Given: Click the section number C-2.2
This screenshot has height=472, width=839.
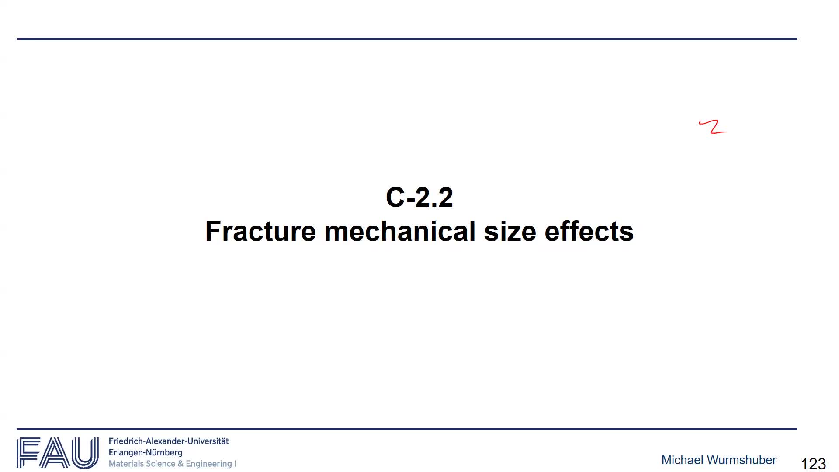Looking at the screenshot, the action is pyautogui.click(x=419, y=198).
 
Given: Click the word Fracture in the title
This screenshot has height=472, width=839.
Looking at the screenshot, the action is pyautogui.click(x=260, y=231).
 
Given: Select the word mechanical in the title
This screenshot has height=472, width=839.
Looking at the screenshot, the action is pyautogui.click(x=400, y=231).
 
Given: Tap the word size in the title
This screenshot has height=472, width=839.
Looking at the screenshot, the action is pyautogui.click(x=510, y=231).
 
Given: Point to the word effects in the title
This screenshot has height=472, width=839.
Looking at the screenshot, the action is pyautogui.click(x=589, y=231).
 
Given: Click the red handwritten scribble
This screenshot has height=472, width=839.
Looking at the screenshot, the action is pyautogui.click(x=713, y=127).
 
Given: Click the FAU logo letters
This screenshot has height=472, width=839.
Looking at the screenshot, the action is pyautogui.click(x=58, y=453).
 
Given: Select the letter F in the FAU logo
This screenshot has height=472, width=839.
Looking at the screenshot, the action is pyautogui.click(x=28, y=453).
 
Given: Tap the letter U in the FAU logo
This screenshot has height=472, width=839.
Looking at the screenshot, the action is pyautogui.click(x=85, y=453).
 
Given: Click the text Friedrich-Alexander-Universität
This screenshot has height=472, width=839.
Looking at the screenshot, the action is pyautogui.click(x=169, y=441).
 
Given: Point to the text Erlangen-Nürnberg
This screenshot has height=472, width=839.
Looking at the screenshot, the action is pyautogui.click(x=146, y=453).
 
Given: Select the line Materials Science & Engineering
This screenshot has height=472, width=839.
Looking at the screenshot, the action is pyautogui.click(x=170, y=464).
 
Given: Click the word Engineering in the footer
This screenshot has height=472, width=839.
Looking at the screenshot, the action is pyautogui.click(x=209, y=464).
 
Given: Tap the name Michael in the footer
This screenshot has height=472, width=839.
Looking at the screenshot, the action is pyautogui.click(x=682, y=460).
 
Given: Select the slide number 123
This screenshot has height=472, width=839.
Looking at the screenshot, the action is pyautogui.click(x=813, y=464).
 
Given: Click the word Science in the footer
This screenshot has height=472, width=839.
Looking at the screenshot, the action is pyautogui.click(x=160, y=464).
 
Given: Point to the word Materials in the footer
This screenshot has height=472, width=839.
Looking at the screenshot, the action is pyautogui.click(x=126, y=464).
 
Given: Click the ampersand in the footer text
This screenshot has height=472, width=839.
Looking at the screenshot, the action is pyautogui.click(x=180, y=464).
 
